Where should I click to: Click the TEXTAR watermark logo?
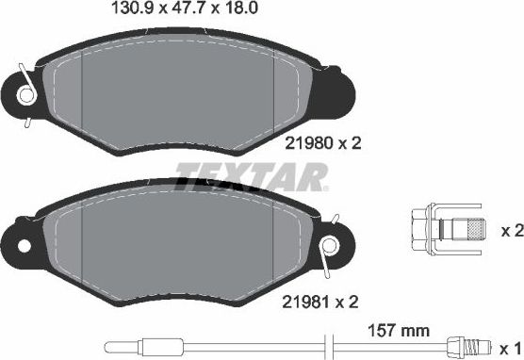(x=253, y=175)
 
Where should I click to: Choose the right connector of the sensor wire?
(x=460, y=346)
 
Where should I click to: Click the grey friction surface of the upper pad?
(x=179, y=90)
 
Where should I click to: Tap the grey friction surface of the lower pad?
(x=179, y=250)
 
